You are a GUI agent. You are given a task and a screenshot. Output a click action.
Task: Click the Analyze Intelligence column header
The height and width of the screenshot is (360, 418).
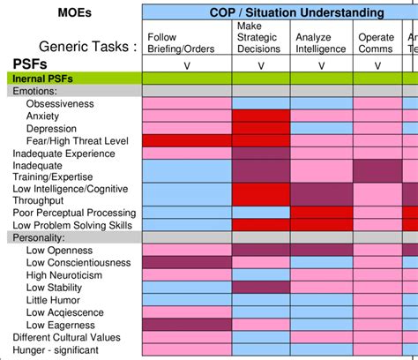click(320, 43)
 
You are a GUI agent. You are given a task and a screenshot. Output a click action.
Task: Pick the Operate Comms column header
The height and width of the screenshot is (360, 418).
click(376, 43)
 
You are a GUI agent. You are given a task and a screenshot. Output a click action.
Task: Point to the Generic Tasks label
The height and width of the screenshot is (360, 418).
click(88, 47)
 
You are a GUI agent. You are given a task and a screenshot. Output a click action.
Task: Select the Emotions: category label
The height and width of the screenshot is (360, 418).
click(36, 91)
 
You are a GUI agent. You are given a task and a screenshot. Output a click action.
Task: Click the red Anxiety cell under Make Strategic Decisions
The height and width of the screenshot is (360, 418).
click(260, 116)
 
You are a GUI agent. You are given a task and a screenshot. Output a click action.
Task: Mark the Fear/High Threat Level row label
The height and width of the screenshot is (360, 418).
click(78, 141)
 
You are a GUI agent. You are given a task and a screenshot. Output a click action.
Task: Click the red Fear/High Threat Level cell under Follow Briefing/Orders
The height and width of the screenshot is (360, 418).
click(186, 141)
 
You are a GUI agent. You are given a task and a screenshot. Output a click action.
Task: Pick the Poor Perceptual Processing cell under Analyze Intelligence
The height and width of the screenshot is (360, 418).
click(321, 213)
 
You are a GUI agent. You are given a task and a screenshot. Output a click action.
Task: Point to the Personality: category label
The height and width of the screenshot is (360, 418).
click(39, 237)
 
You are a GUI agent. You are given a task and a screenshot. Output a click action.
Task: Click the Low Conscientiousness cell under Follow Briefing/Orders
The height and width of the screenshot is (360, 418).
click(186, 262)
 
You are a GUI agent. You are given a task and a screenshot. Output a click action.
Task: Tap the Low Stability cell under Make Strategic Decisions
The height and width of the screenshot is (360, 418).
click(260, 287)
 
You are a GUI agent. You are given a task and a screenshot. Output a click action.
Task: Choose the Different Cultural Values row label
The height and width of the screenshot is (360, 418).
click(68, 337)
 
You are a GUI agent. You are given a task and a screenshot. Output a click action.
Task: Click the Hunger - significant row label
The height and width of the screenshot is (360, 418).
click(56, 349)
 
